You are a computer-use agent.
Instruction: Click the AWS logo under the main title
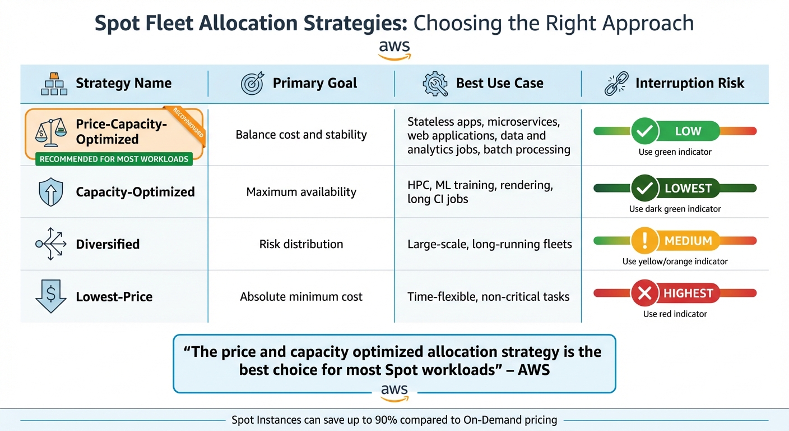click(395, 49)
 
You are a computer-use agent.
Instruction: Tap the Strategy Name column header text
click(123, 84)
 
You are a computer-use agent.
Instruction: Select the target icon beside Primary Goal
click(252, 84)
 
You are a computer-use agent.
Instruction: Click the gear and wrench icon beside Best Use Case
click(435, 84)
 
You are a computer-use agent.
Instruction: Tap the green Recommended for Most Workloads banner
click(114, 159)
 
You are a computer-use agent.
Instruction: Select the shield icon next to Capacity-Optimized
click(50, 192)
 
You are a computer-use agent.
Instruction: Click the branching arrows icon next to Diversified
click(50, 244)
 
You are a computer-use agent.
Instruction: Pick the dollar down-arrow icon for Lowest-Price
click(50, 296)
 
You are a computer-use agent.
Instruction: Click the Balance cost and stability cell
click(301, 135)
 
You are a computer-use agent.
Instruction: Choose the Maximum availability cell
click(301, 192)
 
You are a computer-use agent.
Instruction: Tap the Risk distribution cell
click(301, 244)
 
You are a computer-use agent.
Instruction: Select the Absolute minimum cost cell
click(301, 297)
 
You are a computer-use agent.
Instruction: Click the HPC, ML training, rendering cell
click(480, 191)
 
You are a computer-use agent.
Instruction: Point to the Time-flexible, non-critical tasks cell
click(488, 297)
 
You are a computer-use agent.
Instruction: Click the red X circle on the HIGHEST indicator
click(644, 294)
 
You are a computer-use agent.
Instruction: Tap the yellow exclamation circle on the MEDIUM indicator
click(644, 241)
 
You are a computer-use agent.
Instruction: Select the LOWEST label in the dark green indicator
click(688, 189)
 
